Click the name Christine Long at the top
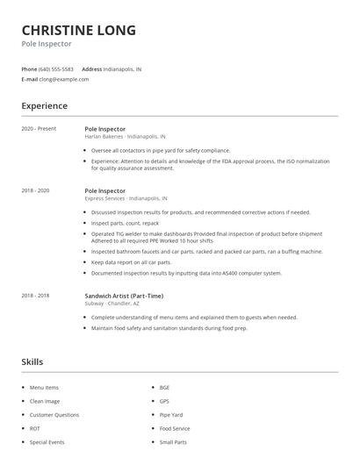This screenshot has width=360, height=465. click(78, 30)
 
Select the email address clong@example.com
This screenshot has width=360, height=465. click(64, 79)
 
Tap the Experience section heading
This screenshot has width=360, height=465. click(44, 106)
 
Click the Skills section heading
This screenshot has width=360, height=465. click(32, 361)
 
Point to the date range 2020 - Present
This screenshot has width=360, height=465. click(38, 128)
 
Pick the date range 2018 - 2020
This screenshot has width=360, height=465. click(36, 190)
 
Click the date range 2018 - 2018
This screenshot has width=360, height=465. click(36, 296)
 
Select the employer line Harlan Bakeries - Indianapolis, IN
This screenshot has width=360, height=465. click(124, 137)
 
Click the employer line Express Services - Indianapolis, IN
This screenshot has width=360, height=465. click(126, 198)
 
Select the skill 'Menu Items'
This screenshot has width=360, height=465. click(43, 387)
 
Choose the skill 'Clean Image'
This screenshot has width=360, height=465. click(44, 401)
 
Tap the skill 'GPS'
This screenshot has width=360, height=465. click(164, 401)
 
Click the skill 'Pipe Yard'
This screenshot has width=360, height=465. click(170, 414)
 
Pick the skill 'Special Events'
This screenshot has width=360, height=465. click(47, 442)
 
